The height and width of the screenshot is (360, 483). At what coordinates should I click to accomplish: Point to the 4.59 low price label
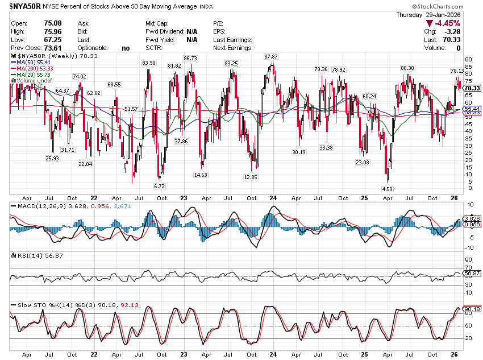387,188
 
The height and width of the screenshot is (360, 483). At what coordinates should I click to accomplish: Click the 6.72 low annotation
159,186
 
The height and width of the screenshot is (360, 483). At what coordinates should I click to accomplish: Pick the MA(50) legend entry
30,63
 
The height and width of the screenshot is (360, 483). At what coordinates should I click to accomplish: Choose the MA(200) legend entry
31,69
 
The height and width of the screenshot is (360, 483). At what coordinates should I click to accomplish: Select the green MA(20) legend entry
30,75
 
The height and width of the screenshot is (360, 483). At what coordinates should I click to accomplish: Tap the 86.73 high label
190,59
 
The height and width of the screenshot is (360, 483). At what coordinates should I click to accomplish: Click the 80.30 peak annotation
407,68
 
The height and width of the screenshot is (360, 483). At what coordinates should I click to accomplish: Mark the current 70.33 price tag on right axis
473,88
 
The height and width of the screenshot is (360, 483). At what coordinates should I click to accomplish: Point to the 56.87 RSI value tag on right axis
473,273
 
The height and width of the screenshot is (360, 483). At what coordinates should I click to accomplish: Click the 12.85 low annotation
251,177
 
